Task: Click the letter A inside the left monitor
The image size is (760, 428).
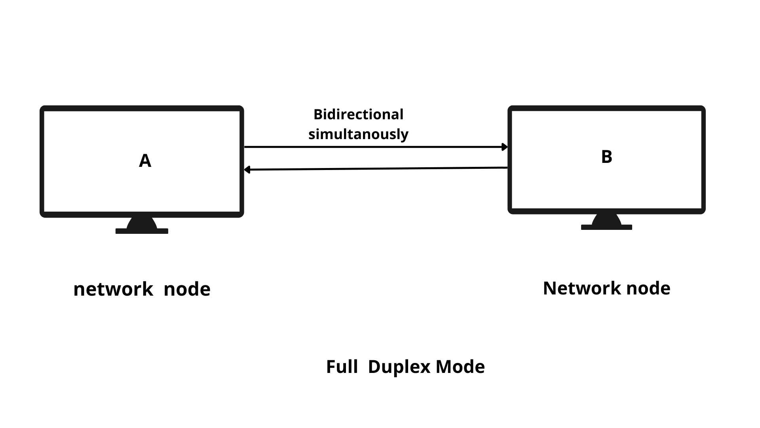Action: pyautogui.click(x=145, y=161)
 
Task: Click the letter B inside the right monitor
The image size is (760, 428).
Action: pyautogui.click(x=606, y=157)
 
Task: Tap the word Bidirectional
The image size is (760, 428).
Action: pyautogui.click(x=358, y=115)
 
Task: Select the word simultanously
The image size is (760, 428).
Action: pyautogui.click(x=358, y=134)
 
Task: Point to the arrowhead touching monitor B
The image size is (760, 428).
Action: pyautogui.click(x=505, y=147)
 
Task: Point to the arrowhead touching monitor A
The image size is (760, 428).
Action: pyautogui.click(x=247, y=170)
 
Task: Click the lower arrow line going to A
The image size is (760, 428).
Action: pyautogui.click(x=376, y=169)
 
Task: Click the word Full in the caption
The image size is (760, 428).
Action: pyautogui.click(x=342, y=367)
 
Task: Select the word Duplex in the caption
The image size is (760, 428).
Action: pyautogui.click(x=399, y=367)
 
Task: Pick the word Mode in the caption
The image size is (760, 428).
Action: pyautogui.click(x=460, y=367)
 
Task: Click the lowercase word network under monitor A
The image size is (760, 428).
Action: pyautogui.click(x=113, y=289)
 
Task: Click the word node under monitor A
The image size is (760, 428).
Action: pyautogui.click(x=187, y=289)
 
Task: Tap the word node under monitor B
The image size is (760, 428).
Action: pyautogui.click(x=648, y=288)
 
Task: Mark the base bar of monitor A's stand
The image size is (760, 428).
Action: pyautogui.click(x=142, y=231)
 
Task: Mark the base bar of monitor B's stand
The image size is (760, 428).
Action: pyautogui.click(x=606, y=227)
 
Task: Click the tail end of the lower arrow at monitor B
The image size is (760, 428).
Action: pyautogui.click(x=506, y=168)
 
